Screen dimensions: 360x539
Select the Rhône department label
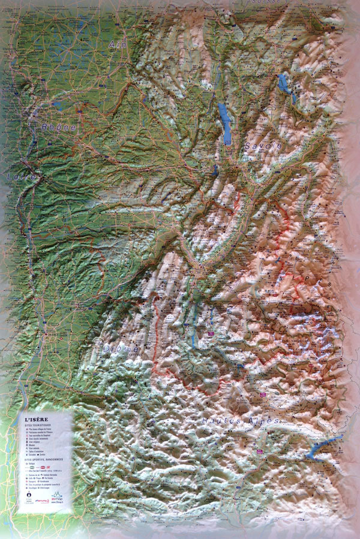click(59, 127)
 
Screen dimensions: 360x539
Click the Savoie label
click(263, 146)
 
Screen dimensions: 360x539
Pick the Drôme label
click(121, 348)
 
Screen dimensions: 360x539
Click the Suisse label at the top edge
click(263, 2)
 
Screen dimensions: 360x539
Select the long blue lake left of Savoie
click(224, 123)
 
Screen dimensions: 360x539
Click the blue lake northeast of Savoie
click(286, 86)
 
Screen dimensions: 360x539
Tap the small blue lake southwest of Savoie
click(215, 170)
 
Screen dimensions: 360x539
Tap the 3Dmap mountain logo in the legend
click(57, 495)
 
